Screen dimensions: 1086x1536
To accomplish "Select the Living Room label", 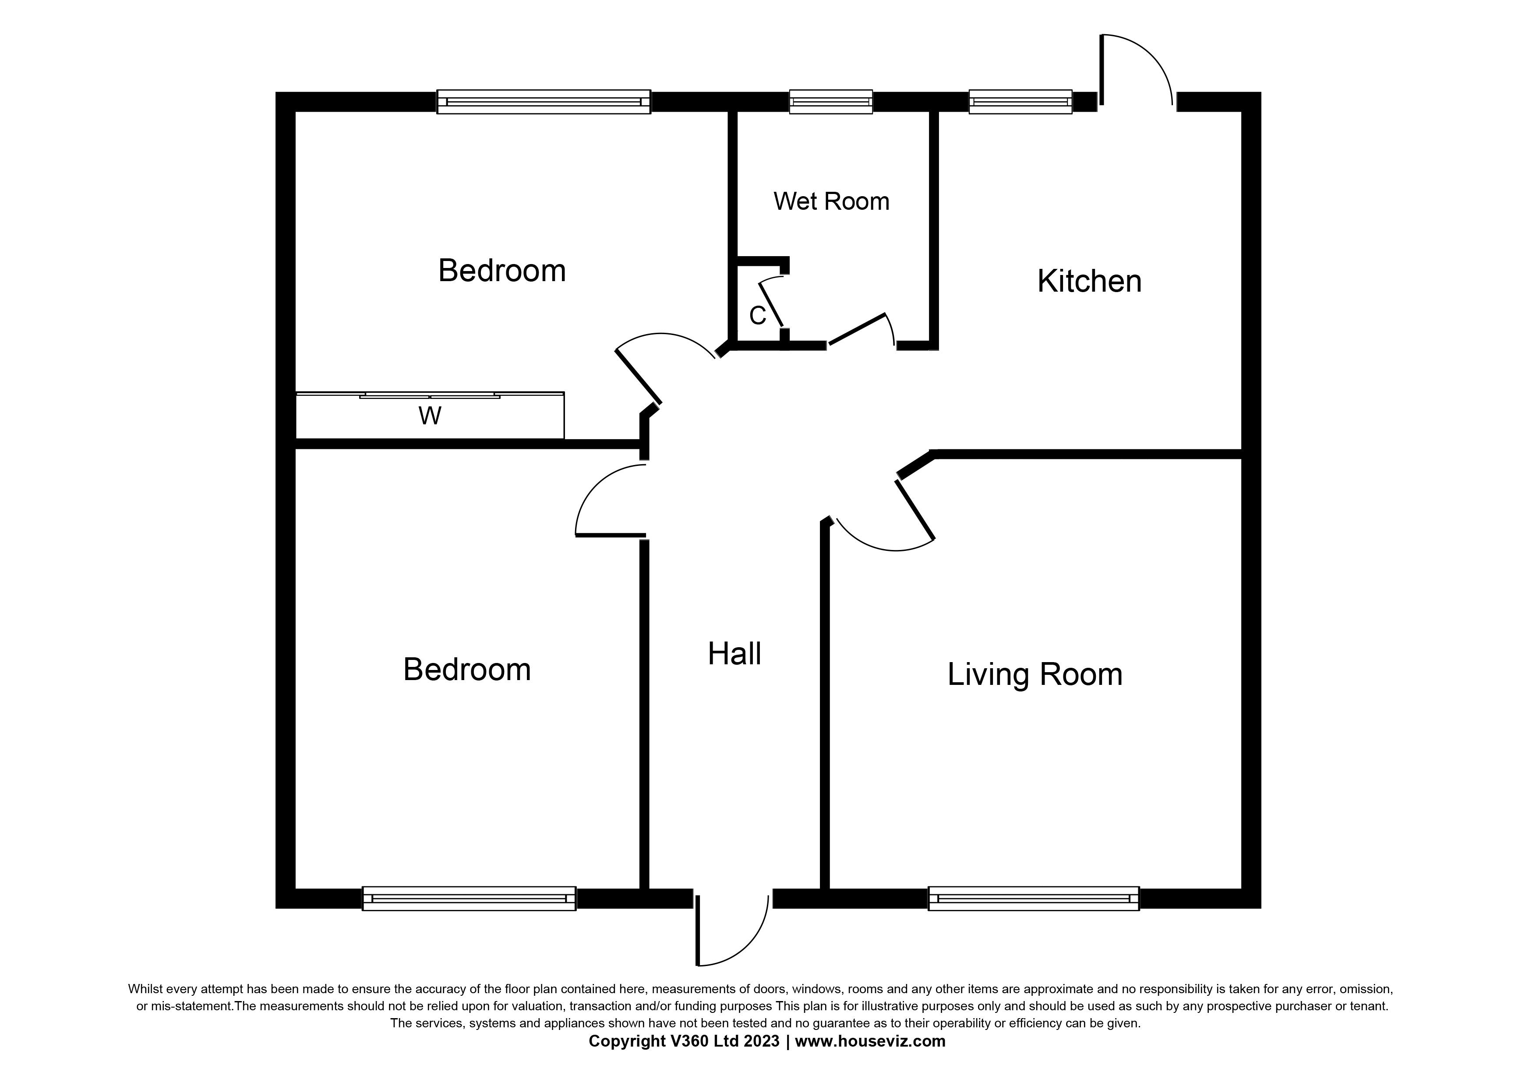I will tap(1034, 674).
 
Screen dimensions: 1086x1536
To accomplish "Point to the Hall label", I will tap(734, 653).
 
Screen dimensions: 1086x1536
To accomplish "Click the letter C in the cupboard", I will tap(757, 316).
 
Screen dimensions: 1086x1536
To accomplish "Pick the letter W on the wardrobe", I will tap(430, 416).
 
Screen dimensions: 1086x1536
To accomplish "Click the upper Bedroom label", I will tap(502, 270).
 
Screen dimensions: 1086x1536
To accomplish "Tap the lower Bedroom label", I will tap(466, 670).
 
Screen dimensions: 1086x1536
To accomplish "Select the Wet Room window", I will tap(830, 102).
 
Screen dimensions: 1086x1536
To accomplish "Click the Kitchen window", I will tap(1020, 102).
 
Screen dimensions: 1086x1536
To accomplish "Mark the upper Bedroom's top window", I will tap(543, 102).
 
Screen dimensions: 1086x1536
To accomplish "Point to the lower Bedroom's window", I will tap(468, 898).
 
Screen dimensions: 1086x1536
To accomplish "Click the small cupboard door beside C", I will tap(771, 305).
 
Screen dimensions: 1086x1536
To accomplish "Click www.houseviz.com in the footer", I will tap(870, 1041).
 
